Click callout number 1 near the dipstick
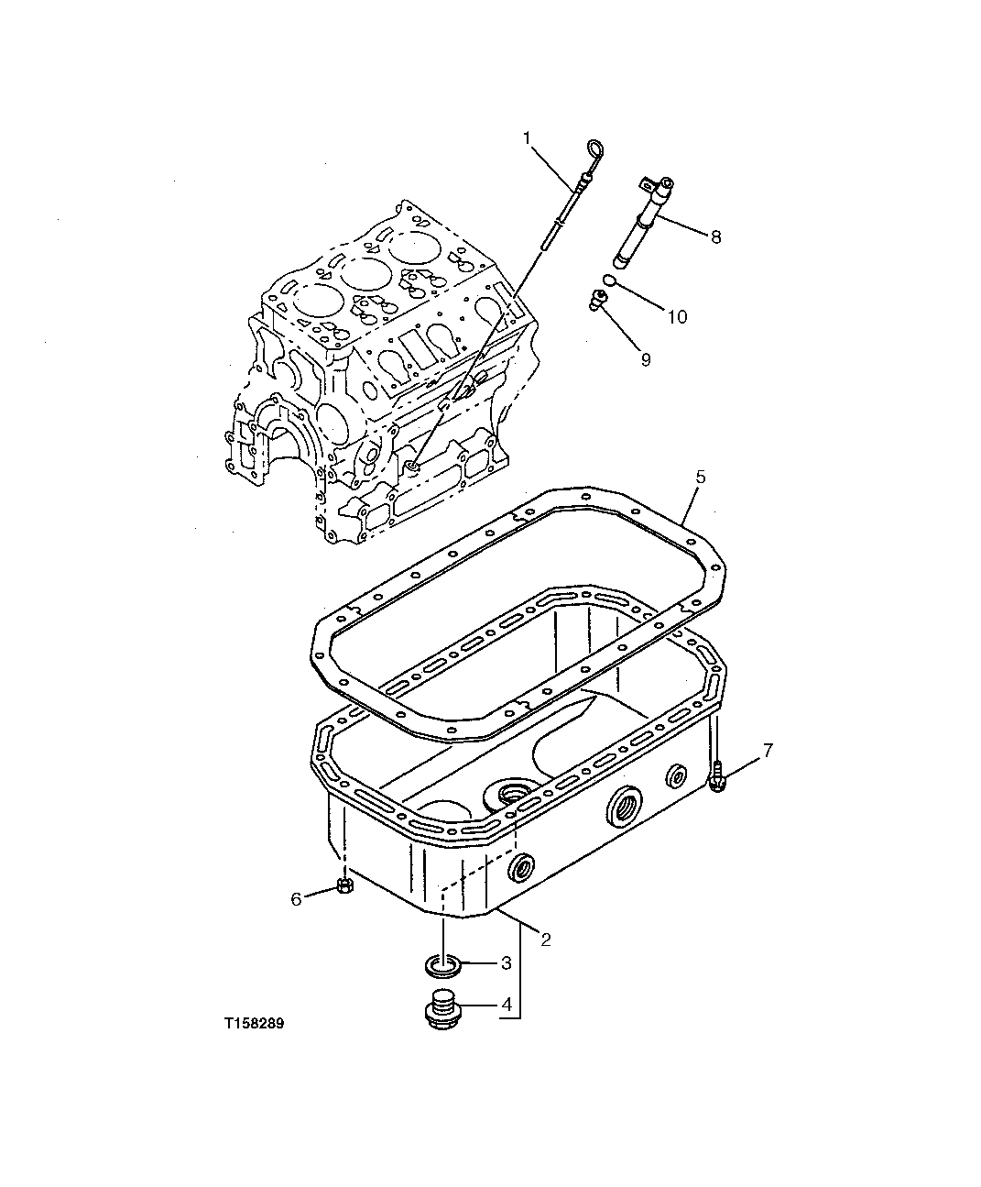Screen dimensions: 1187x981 528,137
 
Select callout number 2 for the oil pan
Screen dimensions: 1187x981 545,939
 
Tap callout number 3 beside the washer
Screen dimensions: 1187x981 505,963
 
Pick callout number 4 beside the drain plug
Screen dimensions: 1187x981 505,1005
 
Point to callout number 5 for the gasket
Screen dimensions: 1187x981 700,477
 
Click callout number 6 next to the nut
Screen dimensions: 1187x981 296,899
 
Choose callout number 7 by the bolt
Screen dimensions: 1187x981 768,750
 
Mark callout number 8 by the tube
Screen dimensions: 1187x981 715,236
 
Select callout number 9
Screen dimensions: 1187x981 645,360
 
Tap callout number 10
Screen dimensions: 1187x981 676,317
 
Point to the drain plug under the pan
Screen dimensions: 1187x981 441,1006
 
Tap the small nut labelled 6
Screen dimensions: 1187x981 344,885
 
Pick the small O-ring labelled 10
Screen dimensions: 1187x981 608,280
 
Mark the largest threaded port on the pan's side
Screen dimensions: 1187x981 627,806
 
